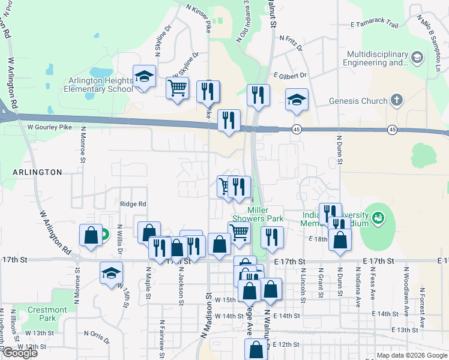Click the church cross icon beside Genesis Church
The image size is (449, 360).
(x=396, y=100)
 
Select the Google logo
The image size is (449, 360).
(x=19, y=353)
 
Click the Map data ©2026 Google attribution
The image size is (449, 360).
(x=412, y=355)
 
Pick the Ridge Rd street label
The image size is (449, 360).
(x=133, y=204)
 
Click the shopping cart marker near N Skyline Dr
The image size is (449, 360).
(x=177, y=89)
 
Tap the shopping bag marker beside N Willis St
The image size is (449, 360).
(x=90, y=235)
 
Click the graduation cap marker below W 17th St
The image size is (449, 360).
(x=111, y=274)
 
